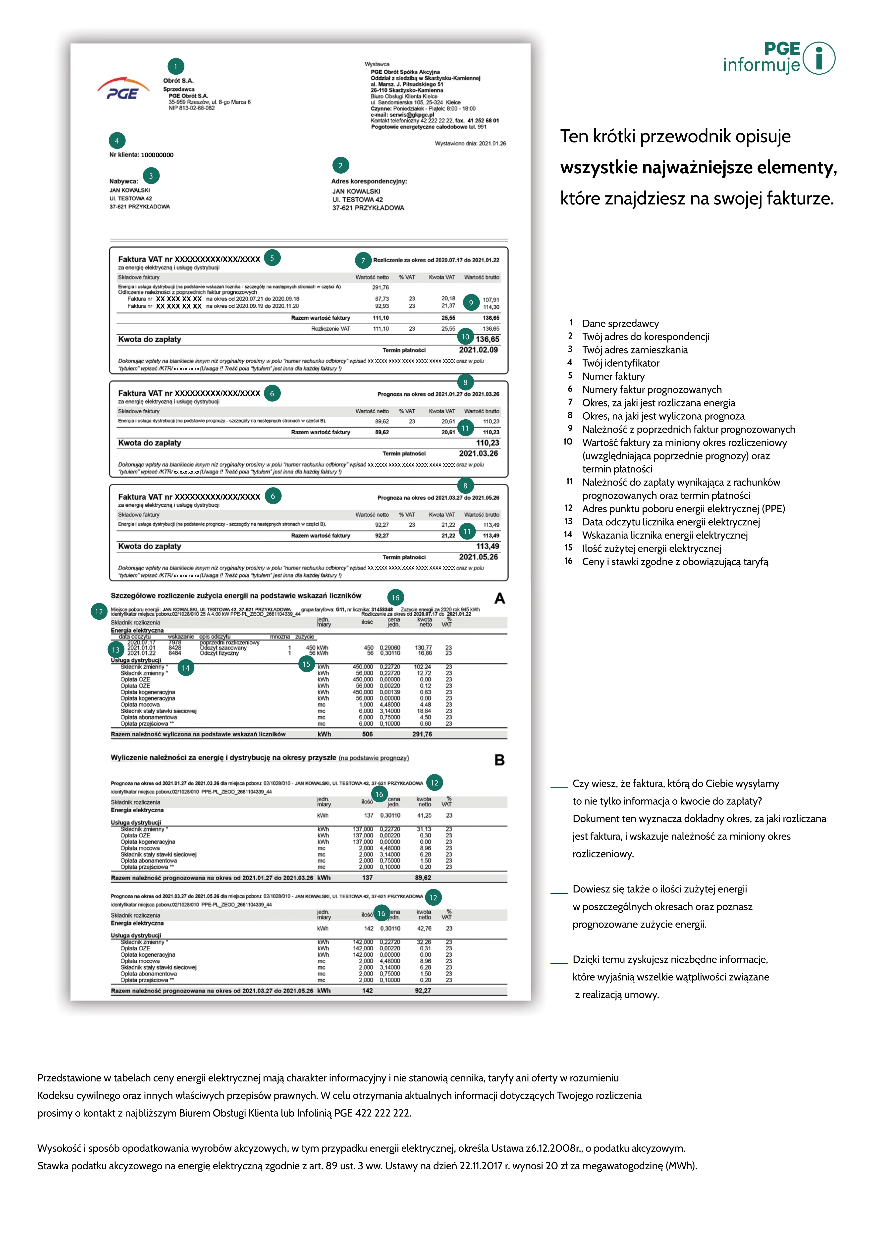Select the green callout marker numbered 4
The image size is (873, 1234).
point(117,141)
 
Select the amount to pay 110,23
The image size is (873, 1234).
point(487,443)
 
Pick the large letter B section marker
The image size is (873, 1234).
point(499,760)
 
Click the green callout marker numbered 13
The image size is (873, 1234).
point(115,650)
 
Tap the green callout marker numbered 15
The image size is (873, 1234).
point(306,664)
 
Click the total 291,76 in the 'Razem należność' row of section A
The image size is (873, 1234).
point(422,734)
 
